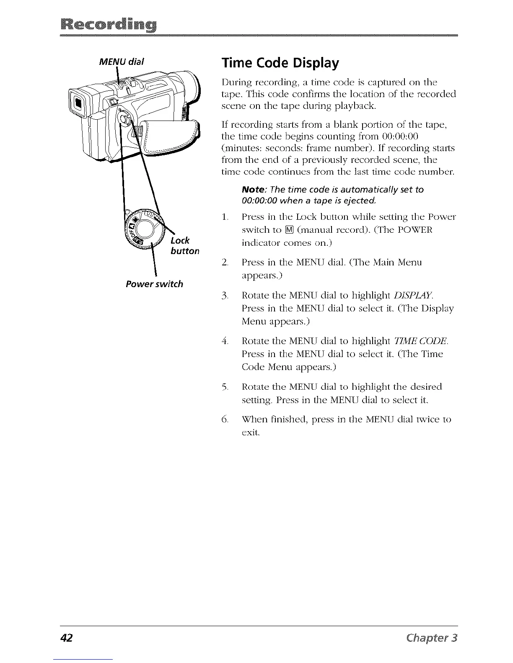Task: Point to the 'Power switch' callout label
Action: pos(154,284)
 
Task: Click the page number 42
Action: pos(67,638)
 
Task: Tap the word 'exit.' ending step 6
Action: pos(251,432)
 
